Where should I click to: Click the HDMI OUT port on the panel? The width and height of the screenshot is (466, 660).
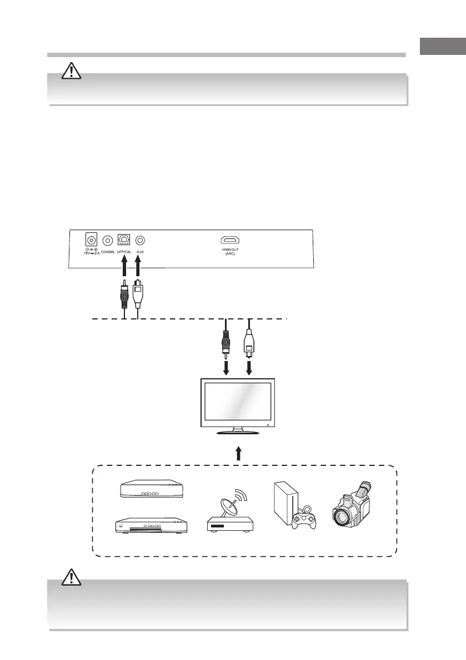pos(230,240)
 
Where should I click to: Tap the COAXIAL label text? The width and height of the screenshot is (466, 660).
pos(108,252)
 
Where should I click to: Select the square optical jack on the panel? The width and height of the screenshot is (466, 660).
pos(124,240)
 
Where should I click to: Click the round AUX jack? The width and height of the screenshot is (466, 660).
pos(141,240)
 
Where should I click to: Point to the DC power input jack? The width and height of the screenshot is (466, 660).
pos(89,240)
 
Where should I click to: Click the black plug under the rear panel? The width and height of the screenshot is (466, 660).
pos(123,297)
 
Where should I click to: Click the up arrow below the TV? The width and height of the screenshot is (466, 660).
pos(238,454)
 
